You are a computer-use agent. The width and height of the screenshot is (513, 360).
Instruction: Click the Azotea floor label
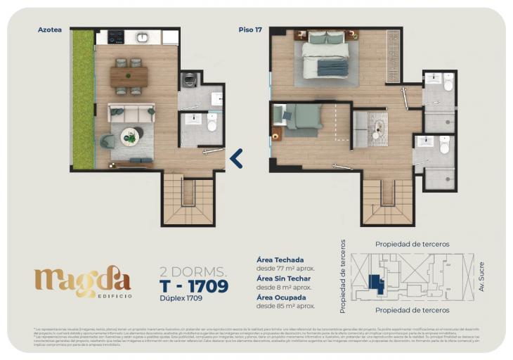pos(49,30)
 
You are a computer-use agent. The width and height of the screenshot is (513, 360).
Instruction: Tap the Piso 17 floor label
pos(249,30)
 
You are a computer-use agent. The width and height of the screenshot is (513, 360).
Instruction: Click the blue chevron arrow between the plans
pos(237,159)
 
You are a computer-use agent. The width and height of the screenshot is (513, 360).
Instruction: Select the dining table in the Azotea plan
pos(129,76)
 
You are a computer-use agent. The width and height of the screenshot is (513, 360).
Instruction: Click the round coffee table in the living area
pos(130,136)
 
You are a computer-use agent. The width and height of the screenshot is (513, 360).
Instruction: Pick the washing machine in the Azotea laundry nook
pos(188,80)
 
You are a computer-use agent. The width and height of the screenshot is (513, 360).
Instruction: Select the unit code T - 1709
pos(194,286)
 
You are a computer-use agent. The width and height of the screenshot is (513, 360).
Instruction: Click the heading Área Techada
pos(280,259)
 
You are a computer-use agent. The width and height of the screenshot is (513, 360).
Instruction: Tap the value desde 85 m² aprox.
pos(285,306)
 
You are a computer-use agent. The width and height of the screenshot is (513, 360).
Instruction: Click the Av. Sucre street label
pos(481,277)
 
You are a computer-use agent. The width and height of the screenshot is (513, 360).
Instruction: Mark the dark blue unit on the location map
pos(376,283)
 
